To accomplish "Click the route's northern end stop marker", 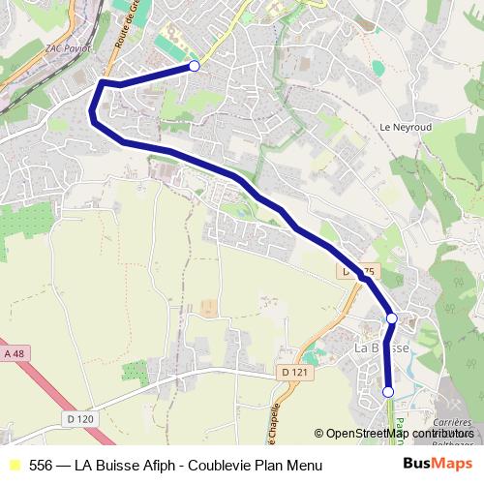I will (195, 66).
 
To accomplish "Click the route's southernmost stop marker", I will (388, 392).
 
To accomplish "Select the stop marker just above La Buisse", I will (392, 318).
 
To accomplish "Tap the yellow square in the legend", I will (14, 465).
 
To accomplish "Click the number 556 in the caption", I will (41, 465).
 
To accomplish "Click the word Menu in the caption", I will (302, 465).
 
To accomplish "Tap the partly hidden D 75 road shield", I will (356, 272).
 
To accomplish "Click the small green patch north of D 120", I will (136, 372).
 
